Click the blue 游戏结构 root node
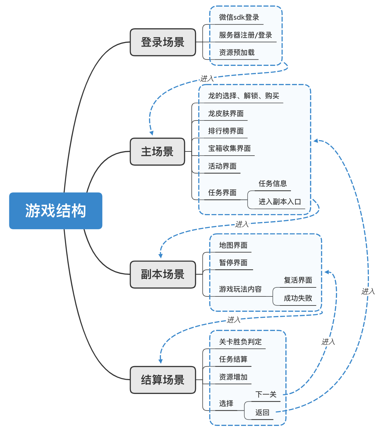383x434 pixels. (55, 211)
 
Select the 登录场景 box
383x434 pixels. (163, 42)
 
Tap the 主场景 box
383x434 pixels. (157, 152)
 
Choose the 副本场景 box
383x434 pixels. (163, 274)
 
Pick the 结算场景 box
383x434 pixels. (163, 380)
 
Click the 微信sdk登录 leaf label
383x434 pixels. (239, 17)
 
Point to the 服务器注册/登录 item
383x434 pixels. (245, 35)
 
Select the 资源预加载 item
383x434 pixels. (237, 53)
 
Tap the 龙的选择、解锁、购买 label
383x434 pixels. (243, 96)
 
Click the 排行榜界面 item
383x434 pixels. (226, 131)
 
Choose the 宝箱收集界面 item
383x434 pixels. (229, 149)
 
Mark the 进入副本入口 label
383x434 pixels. (280, 202)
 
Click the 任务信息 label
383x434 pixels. (272, 184)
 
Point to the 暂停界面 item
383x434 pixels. (233, 263)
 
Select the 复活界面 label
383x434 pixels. (298, 280)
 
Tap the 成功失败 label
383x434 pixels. (298, 298)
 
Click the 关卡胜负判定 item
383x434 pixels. (240, 342)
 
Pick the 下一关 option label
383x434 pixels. (266, 395)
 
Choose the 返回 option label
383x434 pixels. (262, 413)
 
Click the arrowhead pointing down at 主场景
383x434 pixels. (151, 133)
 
